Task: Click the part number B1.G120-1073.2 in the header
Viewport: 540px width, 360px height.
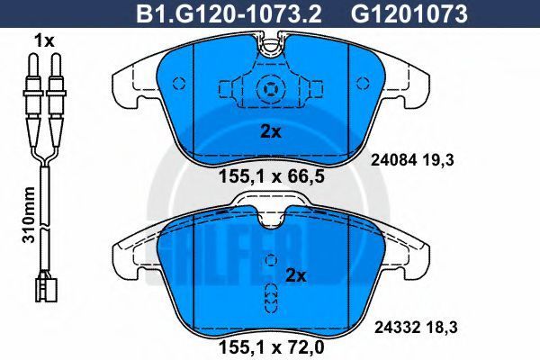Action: [x=229, y=13]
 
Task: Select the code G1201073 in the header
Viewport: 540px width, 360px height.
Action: [x=409, y=13]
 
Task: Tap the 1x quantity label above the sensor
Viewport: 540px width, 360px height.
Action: [x=44, y=41]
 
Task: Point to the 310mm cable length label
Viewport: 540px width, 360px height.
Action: [x=29, y=214]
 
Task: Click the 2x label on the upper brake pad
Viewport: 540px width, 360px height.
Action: [x=271, y=131]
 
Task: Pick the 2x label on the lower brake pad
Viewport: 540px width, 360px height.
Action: [x=296, y=275]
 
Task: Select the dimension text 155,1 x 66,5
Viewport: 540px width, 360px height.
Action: [x=272, y=176]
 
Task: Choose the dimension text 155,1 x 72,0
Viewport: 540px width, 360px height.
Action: [x=272, y=347]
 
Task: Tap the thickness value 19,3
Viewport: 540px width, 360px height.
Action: [x=440, y=160]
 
